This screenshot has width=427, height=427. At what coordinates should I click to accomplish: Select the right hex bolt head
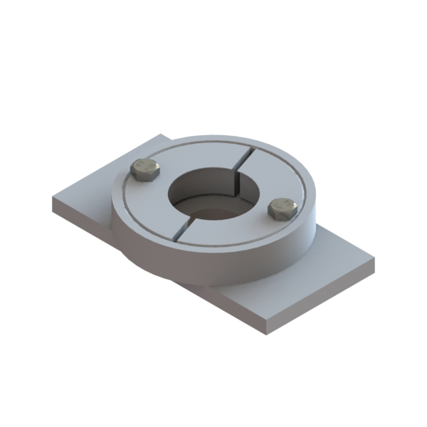coord(282,209)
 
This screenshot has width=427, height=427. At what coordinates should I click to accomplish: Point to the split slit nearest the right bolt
coord(246,158)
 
